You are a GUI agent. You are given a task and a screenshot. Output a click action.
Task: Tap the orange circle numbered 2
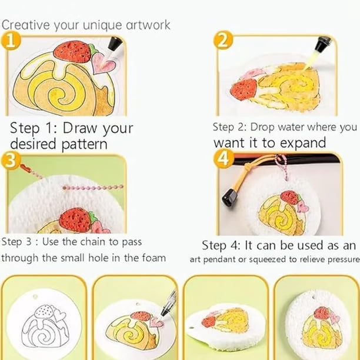coord(223,41)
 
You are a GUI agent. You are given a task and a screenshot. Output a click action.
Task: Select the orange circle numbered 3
coord(11,161)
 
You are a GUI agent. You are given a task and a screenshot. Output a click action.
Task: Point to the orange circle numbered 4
coord(224,158)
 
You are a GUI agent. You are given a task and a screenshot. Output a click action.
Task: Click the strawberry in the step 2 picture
coord(244,89)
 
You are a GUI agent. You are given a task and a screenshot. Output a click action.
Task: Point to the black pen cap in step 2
coord(323,44)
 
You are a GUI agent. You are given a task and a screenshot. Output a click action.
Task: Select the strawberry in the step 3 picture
coord(77,220)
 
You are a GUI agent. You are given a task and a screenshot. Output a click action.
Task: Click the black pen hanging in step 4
coord(230,196)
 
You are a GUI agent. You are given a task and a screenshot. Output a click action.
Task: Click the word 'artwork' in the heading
coord(148,25)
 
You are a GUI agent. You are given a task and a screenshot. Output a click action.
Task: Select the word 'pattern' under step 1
coord(84,145)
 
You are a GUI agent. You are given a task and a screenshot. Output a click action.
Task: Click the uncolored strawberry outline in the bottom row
coord(44,311)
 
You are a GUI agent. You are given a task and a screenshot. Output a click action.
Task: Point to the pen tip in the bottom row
coord(164,312)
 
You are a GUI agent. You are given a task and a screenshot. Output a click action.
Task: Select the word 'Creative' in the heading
coord(25,25)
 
